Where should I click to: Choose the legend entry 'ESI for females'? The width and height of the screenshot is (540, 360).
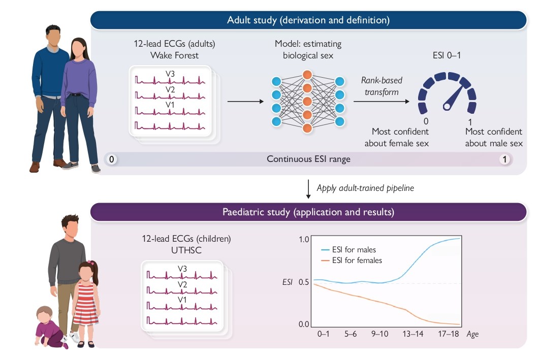pos(352,260)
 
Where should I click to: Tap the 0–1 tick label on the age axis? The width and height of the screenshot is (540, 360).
pos(324,335)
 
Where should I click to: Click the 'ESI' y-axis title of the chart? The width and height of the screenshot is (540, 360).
pos(288,282)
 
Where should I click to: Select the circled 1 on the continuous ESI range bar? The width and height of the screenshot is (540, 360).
pos(504,159)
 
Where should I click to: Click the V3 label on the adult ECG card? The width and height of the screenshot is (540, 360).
pos(170,74)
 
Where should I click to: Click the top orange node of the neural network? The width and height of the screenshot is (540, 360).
pos(307,75)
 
